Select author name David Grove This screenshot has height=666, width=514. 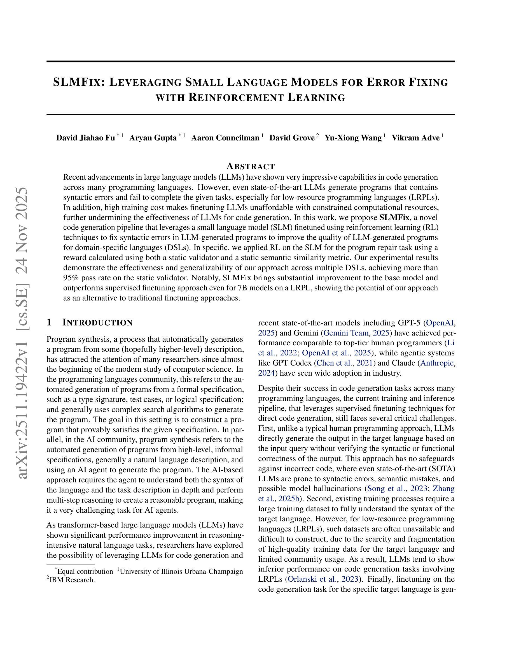pos(292,138)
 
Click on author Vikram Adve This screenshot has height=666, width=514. pos(416,138)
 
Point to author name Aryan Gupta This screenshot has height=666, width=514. pos(153,138)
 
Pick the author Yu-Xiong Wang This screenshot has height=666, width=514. pos(353,138)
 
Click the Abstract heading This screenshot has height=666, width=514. pos(251,166)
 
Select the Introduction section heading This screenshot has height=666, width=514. pos(97,323)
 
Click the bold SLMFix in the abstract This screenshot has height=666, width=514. pos(394,218)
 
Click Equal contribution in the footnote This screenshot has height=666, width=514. pos(85,572)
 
